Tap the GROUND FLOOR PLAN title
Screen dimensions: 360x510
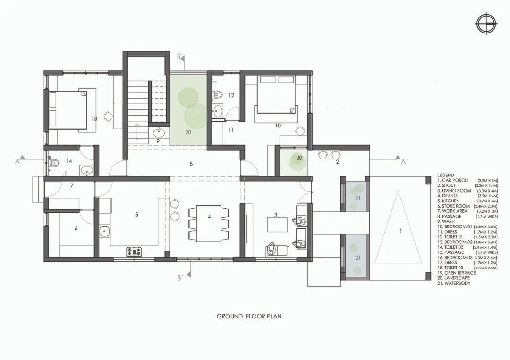249,316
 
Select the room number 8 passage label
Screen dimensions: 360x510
191,164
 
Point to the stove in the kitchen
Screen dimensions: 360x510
134,252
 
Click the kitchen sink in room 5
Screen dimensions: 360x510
105,232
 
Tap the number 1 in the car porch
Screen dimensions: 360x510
401,231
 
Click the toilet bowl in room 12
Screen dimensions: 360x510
217,94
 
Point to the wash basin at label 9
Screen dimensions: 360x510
158,132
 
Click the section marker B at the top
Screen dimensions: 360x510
180,57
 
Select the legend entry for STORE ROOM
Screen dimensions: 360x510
454,206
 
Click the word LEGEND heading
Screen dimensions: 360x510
446,175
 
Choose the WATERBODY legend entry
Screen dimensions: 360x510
454,283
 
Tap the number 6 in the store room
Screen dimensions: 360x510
76,228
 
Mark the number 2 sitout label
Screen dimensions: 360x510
337,162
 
